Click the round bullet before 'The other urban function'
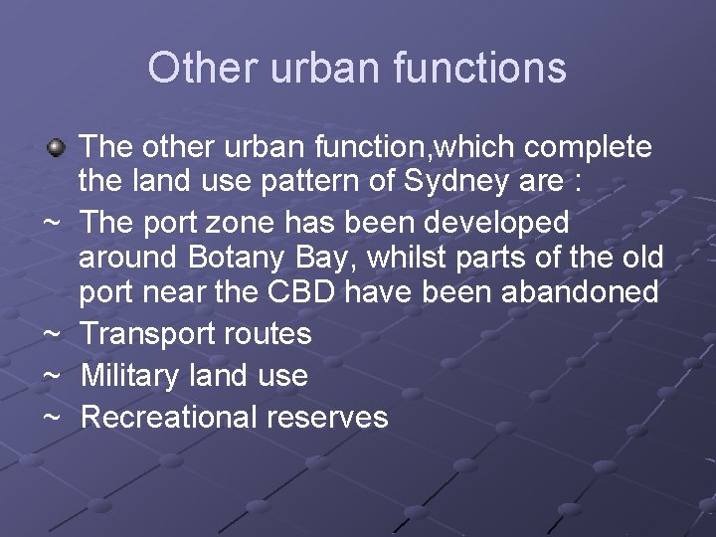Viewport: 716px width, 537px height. click(x=57, y=149)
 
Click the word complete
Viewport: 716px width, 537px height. click(x=589, y=147)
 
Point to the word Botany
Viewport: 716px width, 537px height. click(x=236, y=257)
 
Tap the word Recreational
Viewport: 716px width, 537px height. click(x=169, y=417)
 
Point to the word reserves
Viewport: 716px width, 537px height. click(x=327, y=417)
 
